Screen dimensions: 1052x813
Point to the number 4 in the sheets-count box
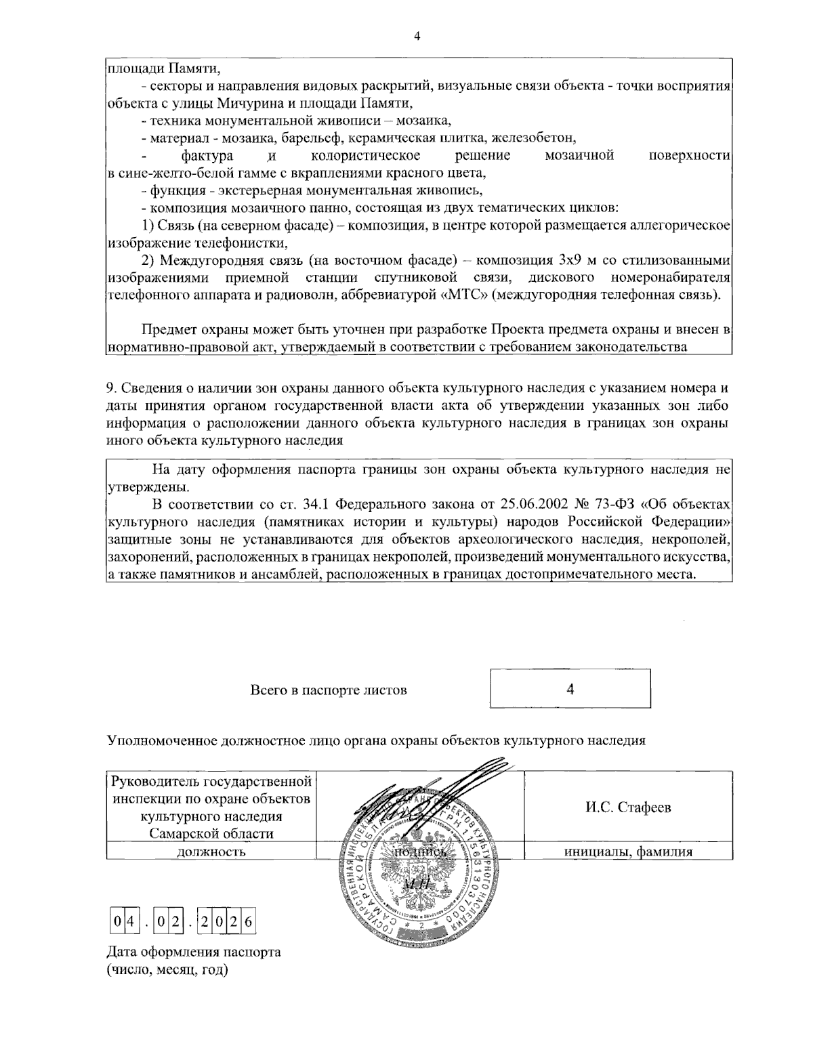pyautogui.click(x=570, y=690)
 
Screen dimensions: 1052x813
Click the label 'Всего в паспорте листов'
pyautogui.click(x=329, y=690)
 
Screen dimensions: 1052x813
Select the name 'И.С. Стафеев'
pyautogui.click(x=628, y=807)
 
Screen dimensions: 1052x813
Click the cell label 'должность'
pyautogui.click(x=211, y=852)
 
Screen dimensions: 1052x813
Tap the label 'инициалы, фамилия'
pyautogui.click(x=628, y=852)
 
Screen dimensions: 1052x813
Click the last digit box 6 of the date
pyautogui.click(x=248, y=921)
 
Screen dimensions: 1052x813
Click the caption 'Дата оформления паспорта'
pyautogui.click(x=193, y=952)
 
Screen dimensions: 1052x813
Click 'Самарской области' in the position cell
pyautogui.click(x=211, y=833)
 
